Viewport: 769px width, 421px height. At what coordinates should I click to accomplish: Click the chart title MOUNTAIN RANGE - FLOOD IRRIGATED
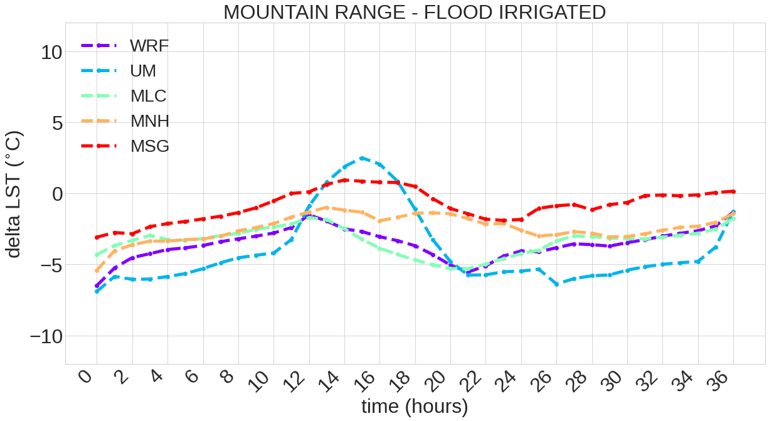tap(415, 12)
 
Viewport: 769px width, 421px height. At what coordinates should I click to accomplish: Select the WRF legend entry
tap(149, 46)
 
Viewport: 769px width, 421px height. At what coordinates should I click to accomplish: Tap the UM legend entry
tap(143, 71)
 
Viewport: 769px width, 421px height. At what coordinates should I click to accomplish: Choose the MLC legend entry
tap(148, 96)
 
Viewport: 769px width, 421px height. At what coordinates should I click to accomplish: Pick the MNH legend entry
tap(149, 121)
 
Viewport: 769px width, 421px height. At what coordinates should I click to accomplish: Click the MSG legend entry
tap(149, 146)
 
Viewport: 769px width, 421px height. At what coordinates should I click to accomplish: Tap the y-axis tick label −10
tap(46, 336)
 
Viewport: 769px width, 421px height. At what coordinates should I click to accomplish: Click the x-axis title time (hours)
tap(415, 407)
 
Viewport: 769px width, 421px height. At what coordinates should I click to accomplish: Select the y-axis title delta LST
tap(14, 194)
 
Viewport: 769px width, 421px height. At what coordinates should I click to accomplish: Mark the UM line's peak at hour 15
tap(362, 158)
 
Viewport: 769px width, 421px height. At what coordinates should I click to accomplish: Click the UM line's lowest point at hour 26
tap(557, 284)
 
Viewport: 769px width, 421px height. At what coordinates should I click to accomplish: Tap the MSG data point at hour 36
tap(734, 191)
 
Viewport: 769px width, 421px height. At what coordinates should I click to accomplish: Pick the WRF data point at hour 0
tap(97, 286)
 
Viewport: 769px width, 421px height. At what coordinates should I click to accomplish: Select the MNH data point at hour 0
tap(97, 271)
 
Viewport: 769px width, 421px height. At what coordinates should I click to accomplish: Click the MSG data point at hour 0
tap(97, 237)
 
